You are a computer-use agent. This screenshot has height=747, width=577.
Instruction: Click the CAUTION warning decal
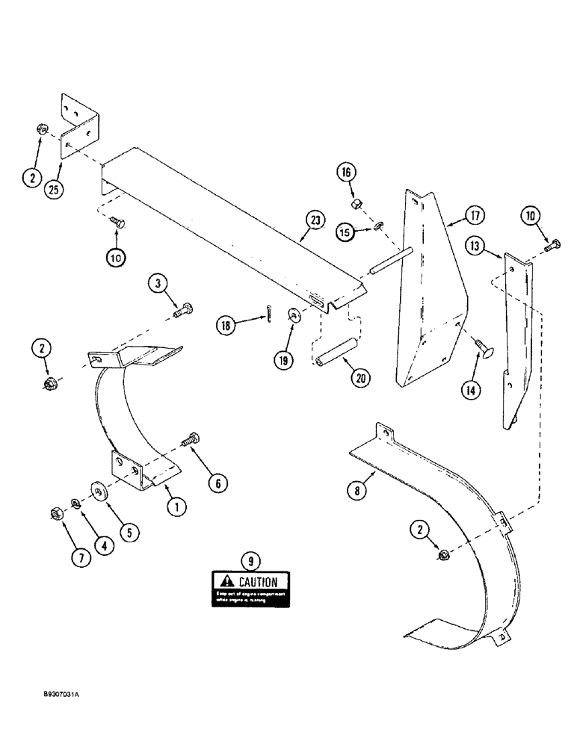[249, 589]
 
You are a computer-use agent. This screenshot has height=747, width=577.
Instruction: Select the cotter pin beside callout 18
[265, 317]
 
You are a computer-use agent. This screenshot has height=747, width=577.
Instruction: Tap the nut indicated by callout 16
[357, 203]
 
